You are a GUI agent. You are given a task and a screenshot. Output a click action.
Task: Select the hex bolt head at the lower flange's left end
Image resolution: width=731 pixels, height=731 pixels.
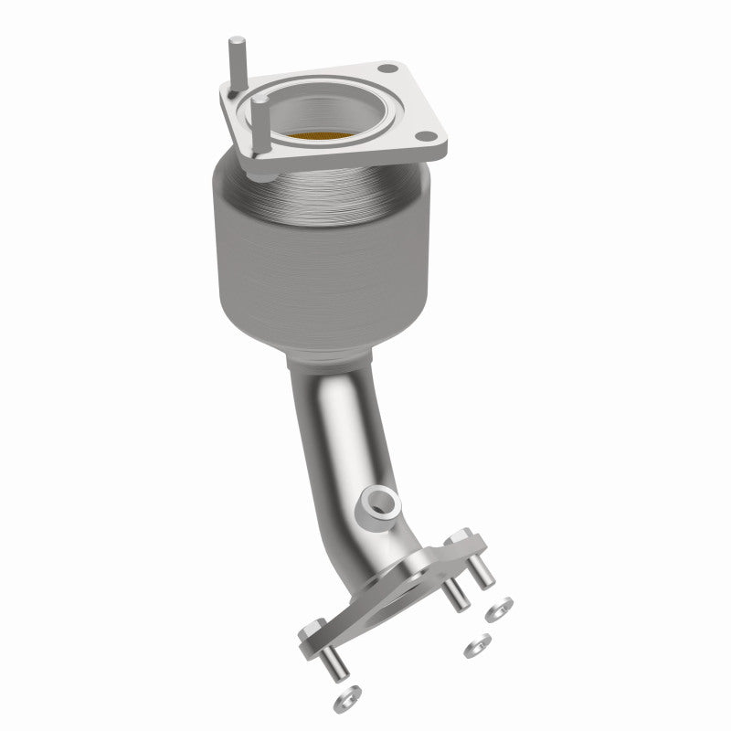pos(311,631)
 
